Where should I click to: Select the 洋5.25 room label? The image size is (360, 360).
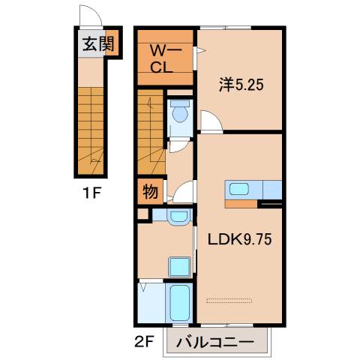tap(241, 85)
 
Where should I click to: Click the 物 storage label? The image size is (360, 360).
tap(150, 192)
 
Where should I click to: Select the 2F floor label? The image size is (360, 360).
tap(145, 342)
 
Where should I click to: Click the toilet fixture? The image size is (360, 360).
tap(179, 113)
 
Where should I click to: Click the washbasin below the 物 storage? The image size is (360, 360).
tap(178, 217)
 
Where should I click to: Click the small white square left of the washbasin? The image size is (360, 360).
tap(142, 214)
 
